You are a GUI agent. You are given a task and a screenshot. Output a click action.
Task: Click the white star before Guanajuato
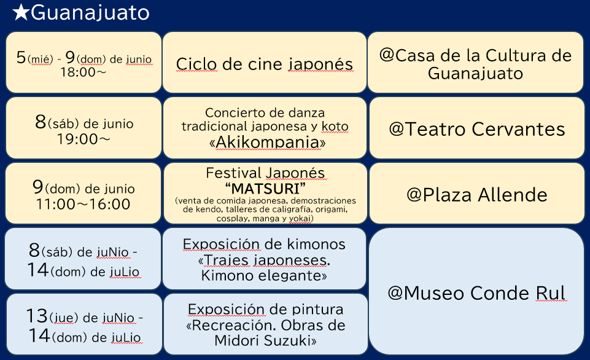[21, 12]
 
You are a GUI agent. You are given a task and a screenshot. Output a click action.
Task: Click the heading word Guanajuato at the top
[90, 13]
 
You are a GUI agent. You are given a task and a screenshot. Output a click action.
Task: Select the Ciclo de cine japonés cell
[265, 63]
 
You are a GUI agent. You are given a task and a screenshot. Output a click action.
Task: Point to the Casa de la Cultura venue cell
[476, 63]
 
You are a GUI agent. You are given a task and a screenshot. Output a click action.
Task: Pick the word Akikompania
[268, 142]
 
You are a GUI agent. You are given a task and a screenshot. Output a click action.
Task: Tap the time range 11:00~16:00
[83, 204]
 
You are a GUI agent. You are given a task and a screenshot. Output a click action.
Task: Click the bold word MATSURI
[265, 188]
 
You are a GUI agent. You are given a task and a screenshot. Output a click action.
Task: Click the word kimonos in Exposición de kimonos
[316, 244]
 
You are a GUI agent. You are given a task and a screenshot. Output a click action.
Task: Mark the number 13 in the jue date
[36, 316]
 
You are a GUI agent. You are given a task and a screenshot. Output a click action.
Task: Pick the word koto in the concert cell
[335, 126]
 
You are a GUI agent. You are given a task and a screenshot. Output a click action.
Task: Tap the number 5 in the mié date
[21, 57]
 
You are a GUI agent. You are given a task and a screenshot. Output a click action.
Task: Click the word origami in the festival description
[331, 209]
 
